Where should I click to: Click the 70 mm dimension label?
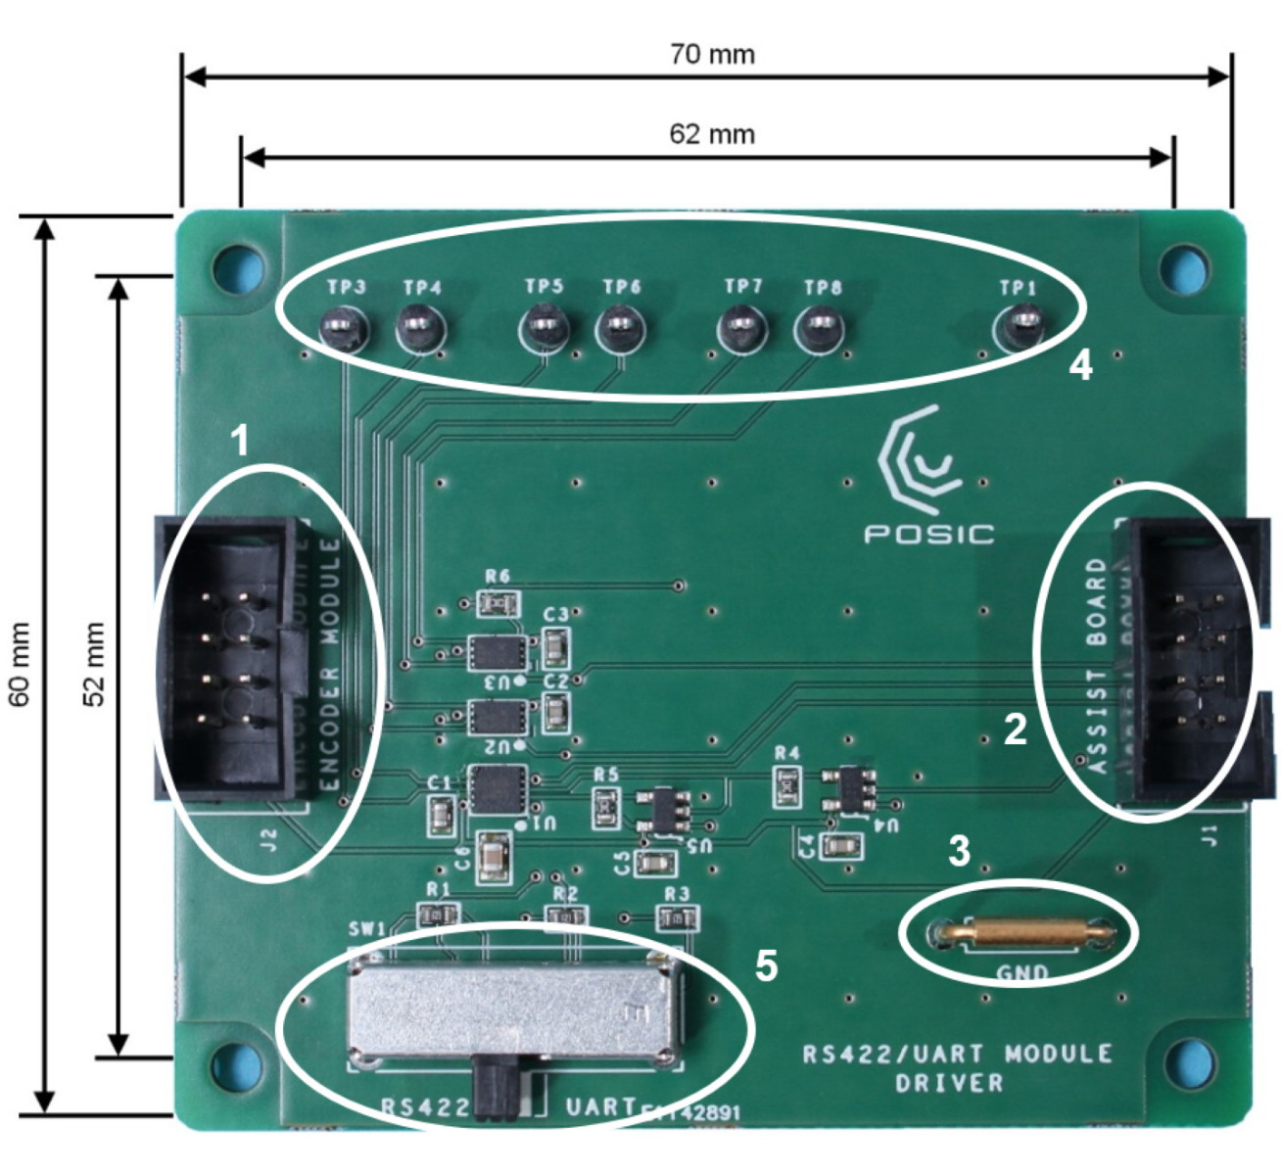pyautogui.click(x=712, y=54)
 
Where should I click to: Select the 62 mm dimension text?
pyautogui.click(x=712, y=133)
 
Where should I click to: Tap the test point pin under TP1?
pyautogui.click(x=1019, y=325)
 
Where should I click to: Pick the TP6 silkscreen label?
pyautogui.click(x=622, y=287)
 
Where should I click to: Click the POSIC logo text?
pyautogui.click(x=928, y=534)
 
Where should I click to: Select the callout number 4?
pyautogui.click(x=1080, y=366)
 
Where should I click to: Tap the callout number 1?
pyautogui.click(x=239, y=442)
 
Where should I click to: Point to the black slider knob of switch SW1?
pyautogui.click(x=495, y=1087)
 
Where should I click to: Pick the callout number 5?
pyautogui.click(x=766, y=965)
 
